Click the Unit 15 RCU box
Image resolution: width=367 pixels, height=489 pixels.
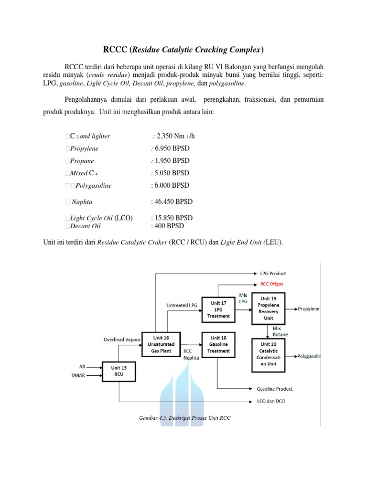point(119,371)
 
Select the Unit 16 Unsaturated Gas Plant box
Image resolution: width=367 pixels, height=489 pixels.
point(161,343)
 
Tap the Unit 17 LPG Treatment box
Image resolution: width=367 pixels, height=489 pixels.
point(218,309)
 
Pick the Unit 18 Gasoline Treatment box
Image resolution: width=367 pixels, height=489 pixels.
point(218,343)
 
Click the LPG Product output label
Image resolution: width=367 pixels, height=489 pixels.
point(273,273)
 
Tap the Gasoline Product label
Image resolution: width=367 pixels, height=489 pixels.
point(275,389)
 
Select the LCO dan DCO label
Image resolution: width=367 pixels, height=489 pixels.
point(270,401)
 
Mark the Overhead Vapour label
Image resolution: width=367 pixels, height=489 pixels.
point(122,340)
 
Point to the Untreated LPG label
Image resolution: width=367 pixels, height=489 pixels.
point(182,305)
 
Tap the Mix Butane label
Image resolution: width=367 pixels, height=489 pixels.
point(278,331)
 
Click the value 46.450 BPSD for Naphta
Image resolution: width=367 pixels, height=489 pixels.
point(172,202)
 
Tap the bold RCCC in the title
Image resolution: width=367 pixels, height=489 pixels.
point(115,50)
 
